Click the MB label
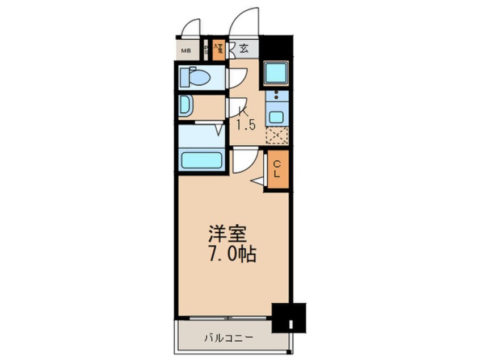click(x=186, y=51)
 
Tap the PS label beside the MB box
click(x=206, y=49)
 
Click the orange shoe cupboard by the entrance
click(x=218, y=49)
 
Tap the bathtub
click(x=201, y=160)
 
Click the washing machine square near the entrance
click(x=276, y=73)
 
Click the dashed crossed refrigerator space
click(x=276, y=136)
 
